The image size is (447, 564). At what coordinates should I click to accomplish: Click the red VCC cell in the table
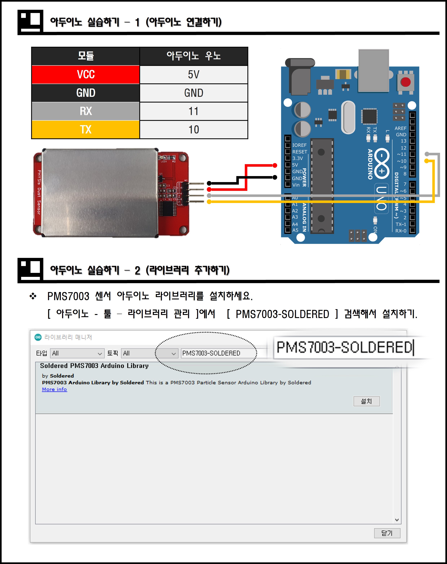click(x=86, y=75)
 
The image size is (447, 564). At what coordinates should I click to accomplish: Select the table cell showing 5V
click(x=194, y=75)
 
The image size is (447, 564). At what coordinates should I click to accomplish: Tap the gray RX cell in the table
click(x=86, y=111)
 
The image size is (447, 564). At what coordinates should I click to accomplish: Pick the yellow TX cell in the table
click(x=86, y=129)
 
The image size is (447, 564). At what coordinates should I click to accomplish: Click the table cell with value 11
click(x=194, y=111)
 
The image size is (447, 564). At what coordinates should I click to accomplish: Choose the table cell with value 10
click(x=194, y=129)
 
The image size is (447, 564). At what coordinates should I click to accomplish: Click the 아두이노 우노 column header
click(x=194, y=56)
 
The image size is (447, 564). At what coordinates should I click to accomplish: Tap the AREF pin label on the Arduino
click(x=400, y=128)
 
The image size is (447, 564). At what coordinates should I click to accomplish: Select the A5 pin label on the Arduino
click(x=295, y=230)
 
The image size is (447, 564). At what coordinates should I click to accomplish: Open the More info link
click(x=54, y=389)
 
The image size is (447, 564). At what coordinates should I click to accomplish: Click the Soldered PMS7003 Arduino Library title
click(x=94, y=366)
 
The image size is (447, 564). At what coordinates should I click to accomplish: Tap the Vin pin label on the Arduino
click(x=296, y=185)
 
